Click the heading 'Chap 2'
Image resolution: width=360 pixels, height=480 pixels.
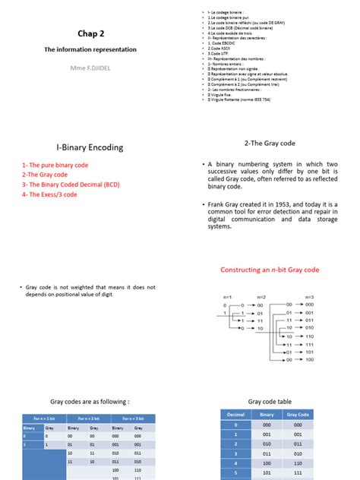coord(90,33)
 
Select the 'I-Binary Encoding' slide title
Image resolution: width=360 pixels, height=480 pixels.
coord(90,147)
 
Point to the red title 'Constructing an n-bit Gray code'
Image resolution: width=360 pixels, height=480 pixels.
coord(270,270)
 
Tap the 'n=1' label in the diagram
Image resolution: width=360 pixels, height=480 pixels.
coord(226,295)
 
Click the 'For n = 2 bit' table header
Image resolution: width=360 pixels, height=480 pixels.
coord(81,418)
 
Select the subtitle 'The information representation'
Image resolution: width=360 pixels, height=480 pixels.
coord(90,49)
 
